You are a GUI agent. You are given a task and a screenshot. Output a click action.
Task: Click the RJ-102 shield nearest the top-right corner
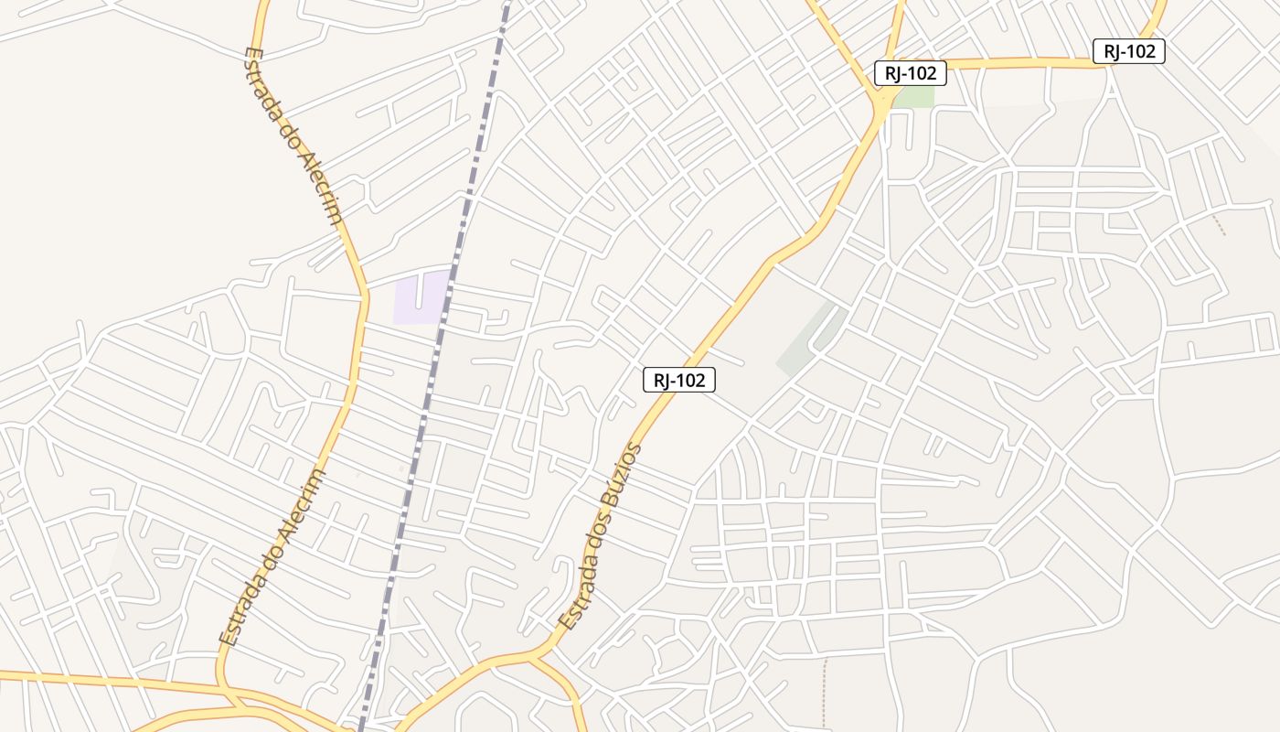tap(1129, 51)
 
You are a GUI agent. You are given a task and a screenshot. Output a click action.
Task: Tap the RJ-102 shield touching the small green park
tap(910, 73)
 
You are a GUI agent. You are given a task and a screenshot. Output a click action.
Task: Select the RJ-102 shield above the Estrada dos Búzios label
tap(678, 380)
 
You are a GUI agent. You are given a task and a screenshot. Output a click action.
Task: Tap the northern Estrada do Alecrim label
tap(294, 136)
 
